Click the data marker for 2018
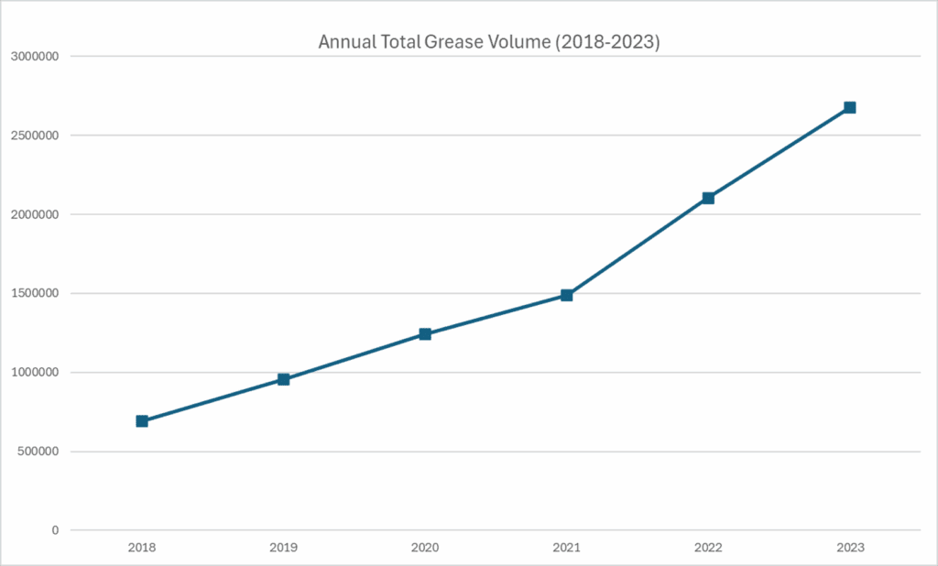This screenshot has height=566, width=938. coord(142,421)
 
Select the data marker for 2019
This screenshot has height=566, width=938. coord(284,379)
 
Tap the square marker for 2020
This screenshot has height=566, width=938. coord(425,334)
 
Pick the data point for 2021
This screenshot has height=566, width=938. coord(567,295)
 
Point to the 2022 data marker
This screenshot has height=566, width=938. coord(708,198)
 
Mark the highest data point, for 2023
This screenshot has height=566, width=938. coord(849,107)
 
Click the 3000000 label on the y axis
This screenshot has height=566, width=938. coord(34,57)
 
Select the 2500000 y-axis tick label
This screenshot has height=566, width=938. coord(34,136)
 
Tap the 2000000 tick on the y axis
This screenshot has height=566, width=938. coord(34,214)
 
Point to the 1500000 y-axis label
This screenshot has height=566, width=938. coord(34,294)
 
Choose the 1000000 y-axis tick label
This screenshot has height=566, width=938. coord(34,373)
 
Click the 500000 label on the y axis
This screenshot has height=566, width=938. coord(38,452)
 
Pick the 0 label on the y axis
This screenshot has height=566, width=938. coord(55,530)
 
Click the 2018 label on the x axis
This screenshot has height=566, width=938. coord(142,548)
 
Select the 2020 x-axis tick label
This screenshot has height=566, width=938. coord(425,548)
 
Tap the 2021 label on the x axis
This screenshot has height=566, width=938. coord(567,548)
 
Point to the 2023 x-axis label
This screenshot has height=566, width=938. coord(849,548)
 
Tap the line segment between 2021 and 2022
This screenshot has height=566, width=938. coord(638,246)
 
